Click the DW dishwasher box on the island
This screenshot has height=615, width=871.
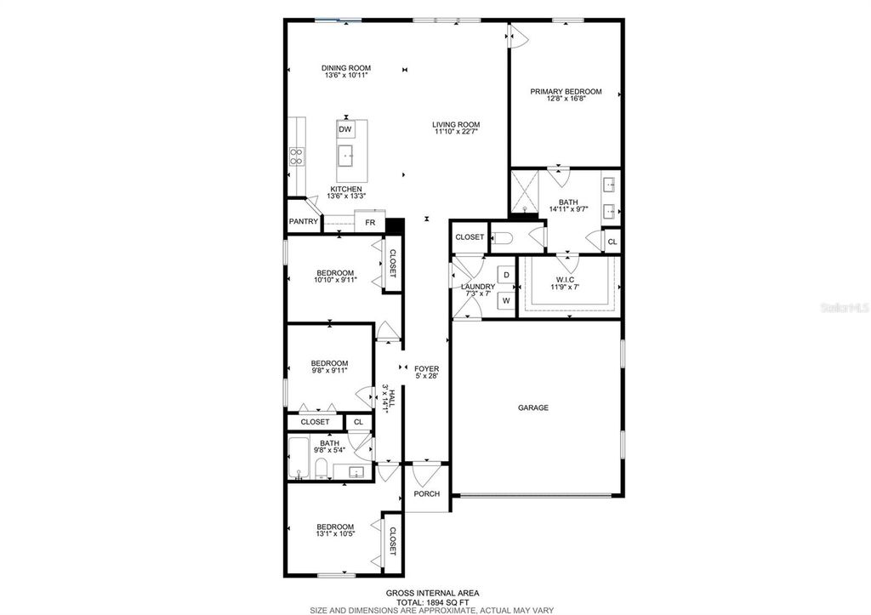coord(345,129)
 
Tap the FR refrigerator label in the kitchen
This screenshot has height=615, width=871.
coord(370,222)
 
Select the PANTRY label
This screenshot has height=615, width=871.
coord(303,222)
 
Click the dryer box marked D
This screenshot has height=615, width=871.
coord(505,276)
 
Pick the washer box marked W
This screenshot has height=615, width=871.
coord(505,300)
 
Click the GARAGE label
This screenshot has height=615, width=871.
coord(533,407)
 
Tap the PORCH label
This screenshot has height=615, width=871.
coord(426,494)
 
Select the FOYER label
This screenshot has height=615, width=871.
coord(426,368)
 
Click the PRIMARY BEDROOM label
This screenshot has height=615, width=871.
coord(566,92)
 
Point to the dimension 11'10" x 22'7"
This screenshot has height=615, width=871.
coord(456,132)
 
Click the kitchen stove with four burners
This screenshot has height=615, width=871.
coord(297,155)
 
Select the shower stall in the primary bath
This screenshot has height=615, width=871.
coord(526,193)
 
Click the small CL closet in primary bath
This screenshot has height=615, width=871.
coord(612,242)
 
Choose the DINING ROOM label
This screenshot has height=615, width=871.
coord(346,68)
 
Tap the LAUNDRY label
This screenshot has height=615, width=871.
coord(477,287)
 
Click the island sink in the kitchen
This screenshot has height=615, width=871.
coord(345,155)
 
